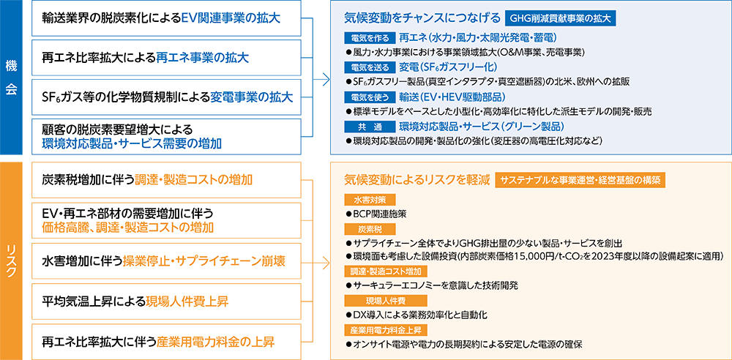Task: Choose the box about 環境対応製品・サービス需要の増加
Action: coord(167,136)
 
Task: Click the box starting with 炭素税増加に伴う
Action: coord(167,179)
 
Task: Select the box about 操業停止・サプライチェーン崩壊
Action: coord(167,260)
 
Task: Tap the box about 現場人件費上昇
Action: coord(167,301)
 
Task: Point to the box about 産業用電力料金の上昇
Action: coord(167,341)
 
